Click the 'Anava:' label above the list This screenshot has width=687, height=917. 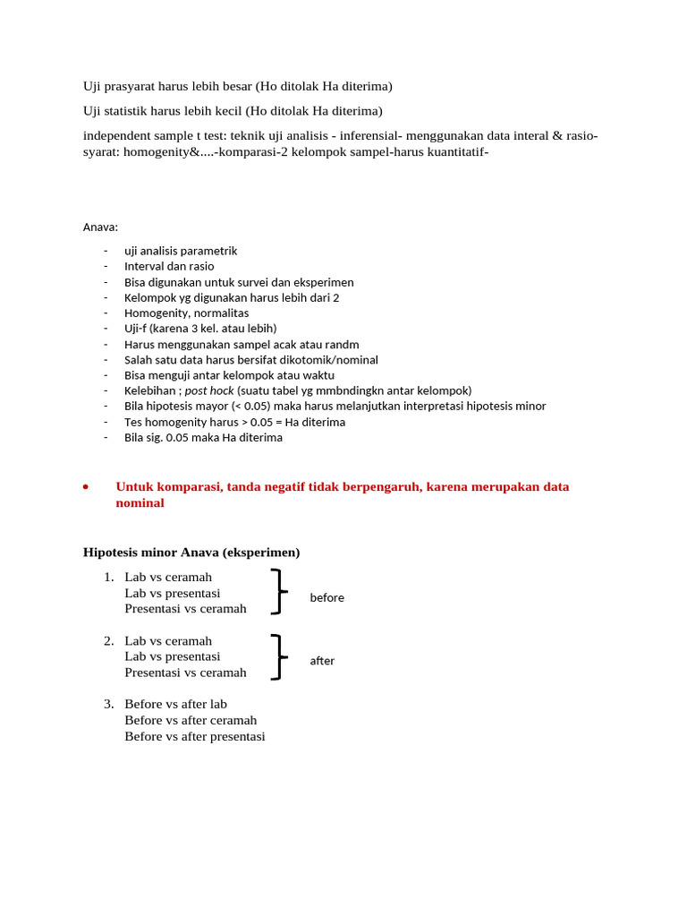[x=100, y=227]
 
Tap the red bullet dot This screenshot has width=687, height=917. [x=85, y=487]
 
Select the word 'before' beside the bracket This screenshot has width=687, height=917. [x=327, y=597]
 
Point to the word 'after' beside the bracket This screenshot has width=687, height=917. [x=322, y=661]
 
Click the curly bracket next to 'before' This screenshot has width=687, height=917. [x=278, y=592]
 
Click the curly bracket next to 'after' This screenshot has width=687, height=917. [x=278, y=656]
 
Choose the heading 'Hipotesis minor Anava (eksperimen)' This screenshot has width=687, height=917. [x=191, y=553]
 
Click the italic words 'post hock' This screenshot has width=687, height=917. [x=208, y=390]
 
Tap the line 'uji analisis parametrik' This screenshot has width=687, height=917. [x=181, y=251]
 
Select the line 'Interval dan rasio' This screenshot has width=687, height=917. [x=169, y=266]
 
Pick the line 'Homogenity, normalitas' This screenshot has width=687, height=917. [x=186, y=313]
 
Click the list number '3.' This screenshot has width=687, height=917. [x=108, y=704]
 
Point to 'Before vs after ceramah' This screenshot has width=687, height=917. [x=191, y=720]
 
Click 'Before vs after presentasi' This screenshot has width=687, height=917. [x=194, y=736]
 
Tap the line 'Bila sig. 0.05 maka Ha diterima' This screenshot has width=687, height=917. [x=203, y=437]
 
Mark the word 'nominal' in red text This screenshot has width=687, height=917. [x=140, y=503]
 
